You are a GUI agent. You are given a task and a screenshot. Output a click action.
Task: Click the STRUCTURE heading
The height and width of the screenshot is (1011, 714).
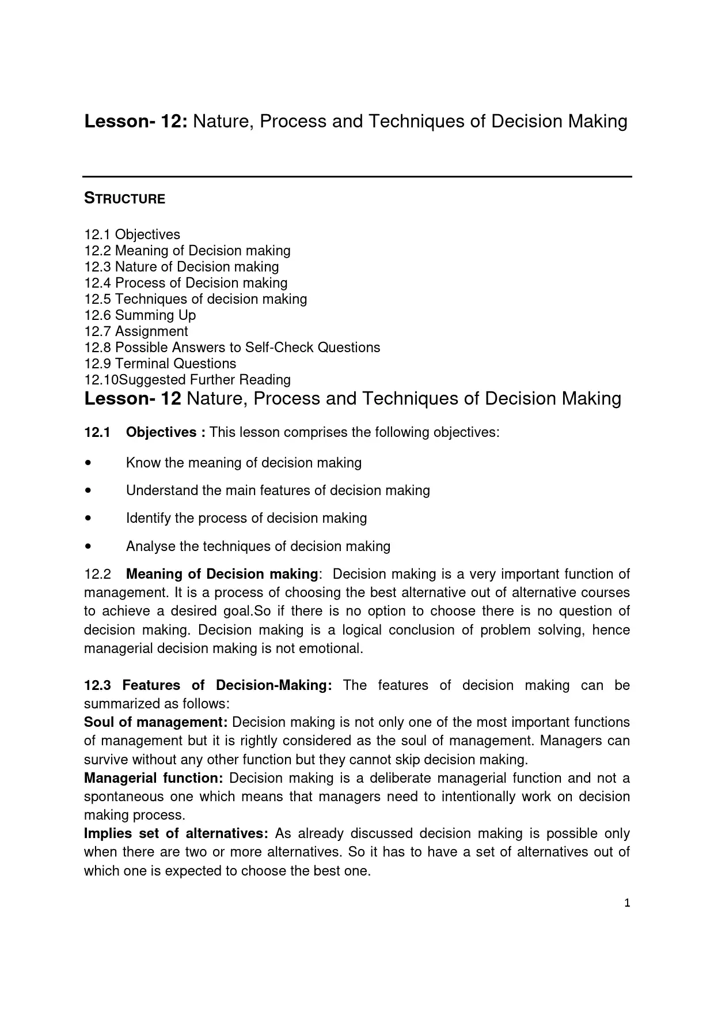click(124, 199)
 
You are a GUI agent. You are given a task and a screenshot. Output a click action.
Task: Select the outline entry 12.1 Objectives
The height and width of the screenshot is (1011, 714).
click(132, 235)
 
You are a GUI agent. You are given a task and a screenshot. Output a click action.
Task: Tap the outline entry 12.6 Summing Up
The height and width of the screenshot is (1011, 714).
click(140, 315)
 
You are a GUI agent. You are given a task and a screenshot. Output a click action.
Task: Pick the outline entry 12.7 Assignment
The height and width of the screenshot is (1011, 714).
click(136, 331)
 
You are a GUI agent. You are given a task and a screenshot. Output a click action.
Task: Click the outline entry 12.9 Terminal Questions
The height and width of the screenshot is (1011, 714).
click(160, 364)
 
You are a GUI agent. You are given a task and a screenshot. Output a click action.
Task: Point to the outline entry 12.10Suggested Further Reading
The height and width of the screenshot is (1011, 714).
click(187, 380)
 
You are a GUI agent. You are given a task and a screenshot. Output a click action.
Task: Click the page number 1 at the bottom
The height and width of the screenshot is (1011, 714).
click(627, 903)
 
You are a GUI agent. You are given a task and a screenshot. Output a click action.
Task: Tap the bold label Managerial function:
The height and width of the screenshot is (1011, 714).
click(153, 778)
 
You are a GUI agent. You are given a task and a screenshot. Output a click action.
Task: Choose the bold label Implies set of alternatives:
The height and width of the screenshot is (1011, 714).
click(176, 833)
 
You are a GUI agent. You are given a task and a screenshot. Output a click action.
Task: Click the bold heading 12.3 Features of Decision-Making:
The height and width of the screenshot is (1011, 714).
click(208, 685)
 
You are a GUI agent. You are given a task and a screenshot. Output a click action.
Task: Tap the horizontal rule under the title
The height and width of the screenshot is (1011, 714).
click(357, 176)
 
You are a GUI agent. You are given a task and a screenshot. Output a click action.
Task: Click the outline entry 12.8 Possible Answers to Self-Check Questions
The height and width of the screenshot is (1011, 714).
click(232, 348)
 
